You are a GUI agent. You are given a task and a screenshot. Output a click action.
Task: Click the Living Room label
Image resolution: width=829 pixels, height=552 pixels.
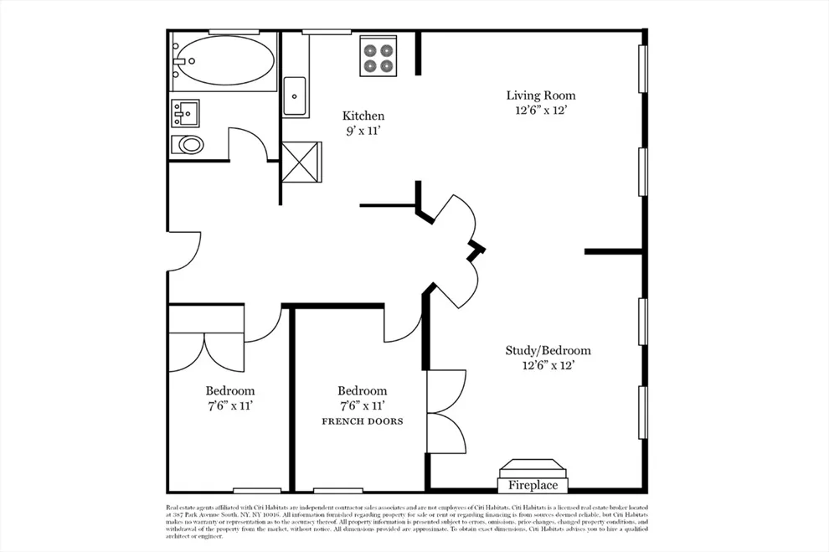coord(541,95)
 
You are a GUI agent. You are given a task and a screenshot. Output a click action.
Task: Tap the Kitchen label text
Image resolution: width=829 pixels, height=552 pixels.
coord(364,116)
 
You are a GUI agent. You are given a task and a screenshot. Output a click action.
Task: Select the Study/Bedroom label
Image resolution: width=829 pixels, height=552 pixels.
coord(548,351)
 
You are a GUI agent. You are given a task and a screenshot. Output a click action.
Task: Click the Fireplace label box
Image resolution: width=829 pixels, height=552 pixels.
coord(533,485)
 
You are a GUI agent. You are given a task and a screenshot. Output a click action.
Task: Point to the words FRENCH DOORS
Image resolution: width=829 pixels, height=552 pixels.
coord(363,421)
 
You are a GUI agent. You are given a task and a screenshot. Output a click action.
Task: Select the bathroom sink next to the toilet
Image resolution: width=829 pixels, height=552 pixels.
coord(185,111)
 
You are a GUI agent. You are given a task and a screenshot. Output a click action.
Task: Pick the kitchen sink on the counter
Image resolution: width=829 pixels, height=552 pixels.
coord(295,96)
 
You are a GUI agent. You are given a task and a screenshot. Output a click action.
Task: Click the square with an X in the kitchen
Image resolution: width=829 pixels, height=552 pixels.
coord(301,160)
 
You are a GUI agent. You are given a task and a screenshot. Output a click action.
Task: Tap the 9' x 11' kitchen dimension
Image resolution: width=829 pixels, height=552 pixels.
coord(364,131)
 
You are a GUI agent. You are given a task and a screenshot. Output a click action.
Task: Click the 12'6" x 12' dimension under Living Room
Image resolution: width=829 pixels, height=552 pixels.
coord(541,111)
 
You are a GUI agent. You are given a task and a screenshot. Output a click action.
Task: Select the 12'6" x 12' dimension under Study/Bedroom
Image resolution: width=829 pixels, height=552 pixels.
coord(548,366)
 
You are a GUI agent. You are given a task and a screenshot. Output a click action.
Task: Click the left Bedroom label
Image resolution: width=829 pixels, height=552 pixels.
coord(230,390)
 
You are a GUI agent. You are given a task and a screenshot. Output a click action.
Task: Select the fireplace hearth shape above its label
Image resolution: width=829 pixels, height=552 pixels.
coord(533,467)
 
